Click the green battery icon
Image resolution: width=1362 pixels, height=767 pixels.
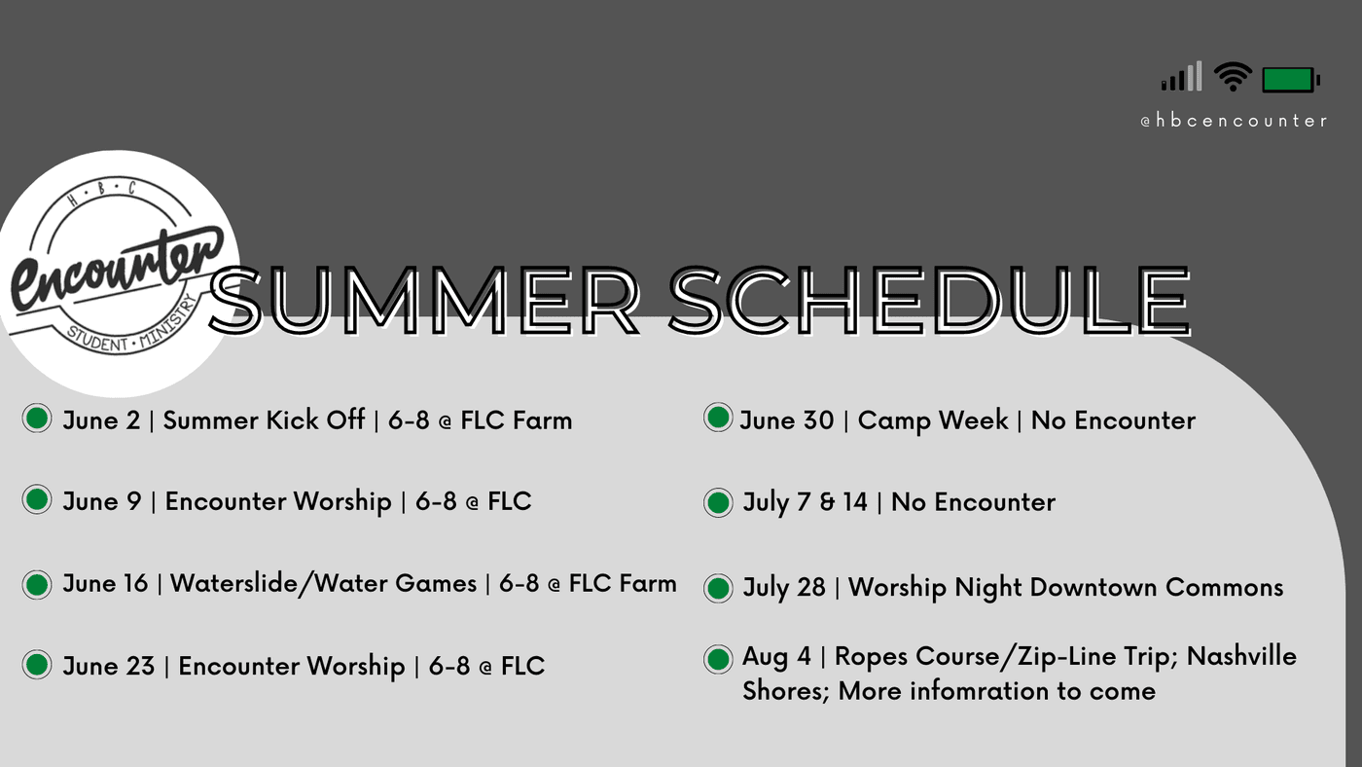[x=1291, y=80]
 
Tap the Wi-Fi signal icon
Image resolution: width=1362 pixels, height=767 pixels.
[x=1233, y=77]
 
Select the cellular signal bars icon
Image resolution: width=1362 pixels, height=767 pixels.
[x=1181, y=76]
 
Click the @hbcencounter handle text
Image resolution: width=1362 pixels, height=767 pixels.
[x=1234, y=121]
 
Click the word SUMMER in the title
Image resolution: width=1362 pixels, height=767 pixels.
[x=424, y=301]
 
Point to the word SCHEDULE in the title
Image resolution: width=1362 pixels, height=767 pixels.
[x=930, y=301]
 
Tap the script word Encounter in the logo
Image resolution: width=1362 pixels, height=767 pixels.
[x=117, y=268]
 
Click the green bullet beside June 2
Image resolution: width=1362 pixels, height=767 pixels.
[x=37, y=418]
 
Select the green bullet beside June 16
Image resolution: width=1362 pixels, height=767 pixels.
[x=37, y=585]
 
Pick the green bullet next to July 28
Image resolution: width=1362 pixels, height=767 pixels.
[x=718, y=588]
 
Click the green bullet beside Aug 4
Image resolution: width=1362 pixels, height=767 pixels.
[x=718, y=659]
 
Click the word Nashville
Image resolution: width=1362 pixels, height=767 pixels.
[x=1241, y=656]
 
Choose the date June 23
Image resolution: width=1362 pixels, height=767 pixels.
[x=109, y=666]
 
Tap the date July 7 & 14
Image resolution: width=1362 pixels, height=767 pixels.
[x=806, y=502]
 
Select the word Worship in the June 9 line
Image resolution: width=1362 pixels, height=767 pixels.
[x=342, y=502]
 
